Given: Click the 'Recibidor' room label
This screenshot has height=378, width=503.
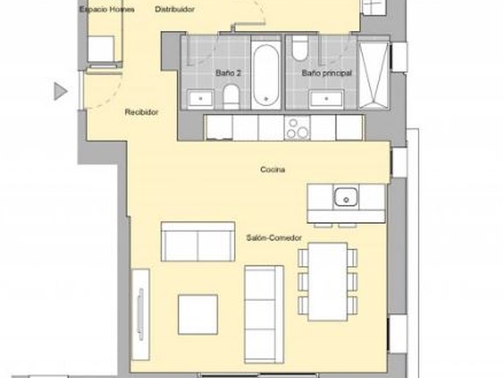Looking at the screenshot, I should (x=141, y=112).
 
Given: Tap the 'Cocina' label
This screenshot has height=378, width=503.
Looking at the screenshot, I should (x=272, y=170).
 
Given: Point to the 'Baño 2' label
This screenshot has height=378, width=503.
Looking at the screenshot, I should (x=228, y=74).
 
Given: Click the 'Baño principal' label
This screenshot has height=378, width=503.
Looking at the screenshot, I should (x=327, y=74).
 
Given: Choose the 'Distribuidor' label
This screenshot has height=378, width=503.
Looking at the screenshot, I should (x=175, y=9).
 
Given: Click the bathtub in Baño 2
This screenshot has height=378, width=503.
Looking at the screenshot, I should (x=266, y=73).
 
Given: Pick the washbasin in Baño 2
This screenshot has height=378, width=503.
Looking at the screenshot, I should (x=200, y=99).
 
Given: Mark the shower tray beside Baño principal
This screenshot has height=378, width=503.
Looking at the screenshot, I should (x=374, y=73).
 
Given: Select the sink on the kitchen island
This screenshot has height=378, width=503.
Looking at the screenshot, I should (x=345, y=197).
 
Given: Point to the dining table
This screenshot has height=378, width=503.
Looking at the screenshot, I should (x=327, y=281).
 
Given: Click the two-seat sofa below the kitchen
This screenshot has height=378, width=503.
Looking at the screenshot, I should (x=198, y=241).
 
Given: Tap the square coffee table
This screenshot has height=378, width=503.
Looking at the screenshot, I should (x=198, y=314).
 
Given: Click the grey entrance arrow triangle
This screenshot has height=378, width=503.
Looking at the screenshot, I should (x=60, y=91).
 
